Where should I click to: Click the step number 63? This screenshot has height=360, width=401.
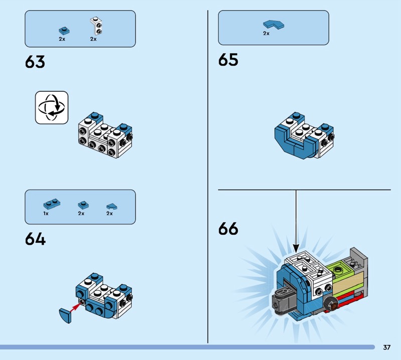click(35, 62)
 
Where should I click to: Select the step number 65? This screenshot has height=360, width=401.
click(228, 60)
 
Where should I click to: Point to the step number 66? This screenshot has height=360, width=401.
click(228, 229)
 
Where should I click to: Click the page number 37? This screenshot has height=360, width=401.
click(386, 347)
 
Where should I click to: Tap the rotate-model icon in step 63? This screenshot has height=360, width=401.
click(52, 107)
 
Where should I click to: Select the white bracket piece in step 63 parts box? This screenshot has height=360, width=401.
click(96, 26)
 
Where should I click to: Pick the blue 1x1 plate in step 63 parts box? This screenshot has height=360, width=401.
click(64, 31)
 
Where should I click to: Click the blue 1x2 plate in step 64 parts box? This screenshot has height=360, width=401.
click(52, 204)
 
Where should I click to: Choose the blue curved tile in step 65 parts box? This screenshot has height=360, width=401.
click(273, 24)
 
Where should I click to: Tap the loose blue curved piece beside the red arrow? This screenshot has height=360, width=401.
click(65, 316)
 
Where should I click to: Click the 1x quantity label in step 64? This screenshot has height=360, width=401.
click(46, 214)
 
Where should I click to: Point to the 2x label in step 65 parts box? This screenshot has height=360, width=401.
click(266, 33)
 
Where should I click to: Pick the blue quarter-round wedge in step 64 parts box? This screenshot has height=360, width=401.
click(112, 206)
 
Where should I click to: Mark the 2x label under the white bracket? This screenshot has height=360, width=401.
click(93, 39)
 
